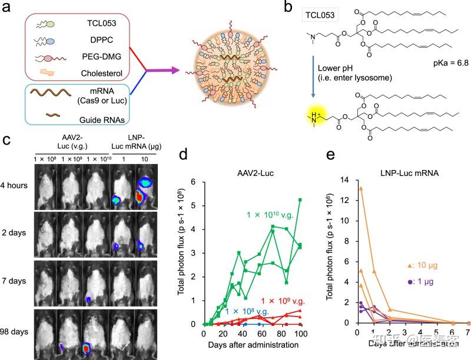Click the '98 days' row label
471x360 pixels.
(15, 329)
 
